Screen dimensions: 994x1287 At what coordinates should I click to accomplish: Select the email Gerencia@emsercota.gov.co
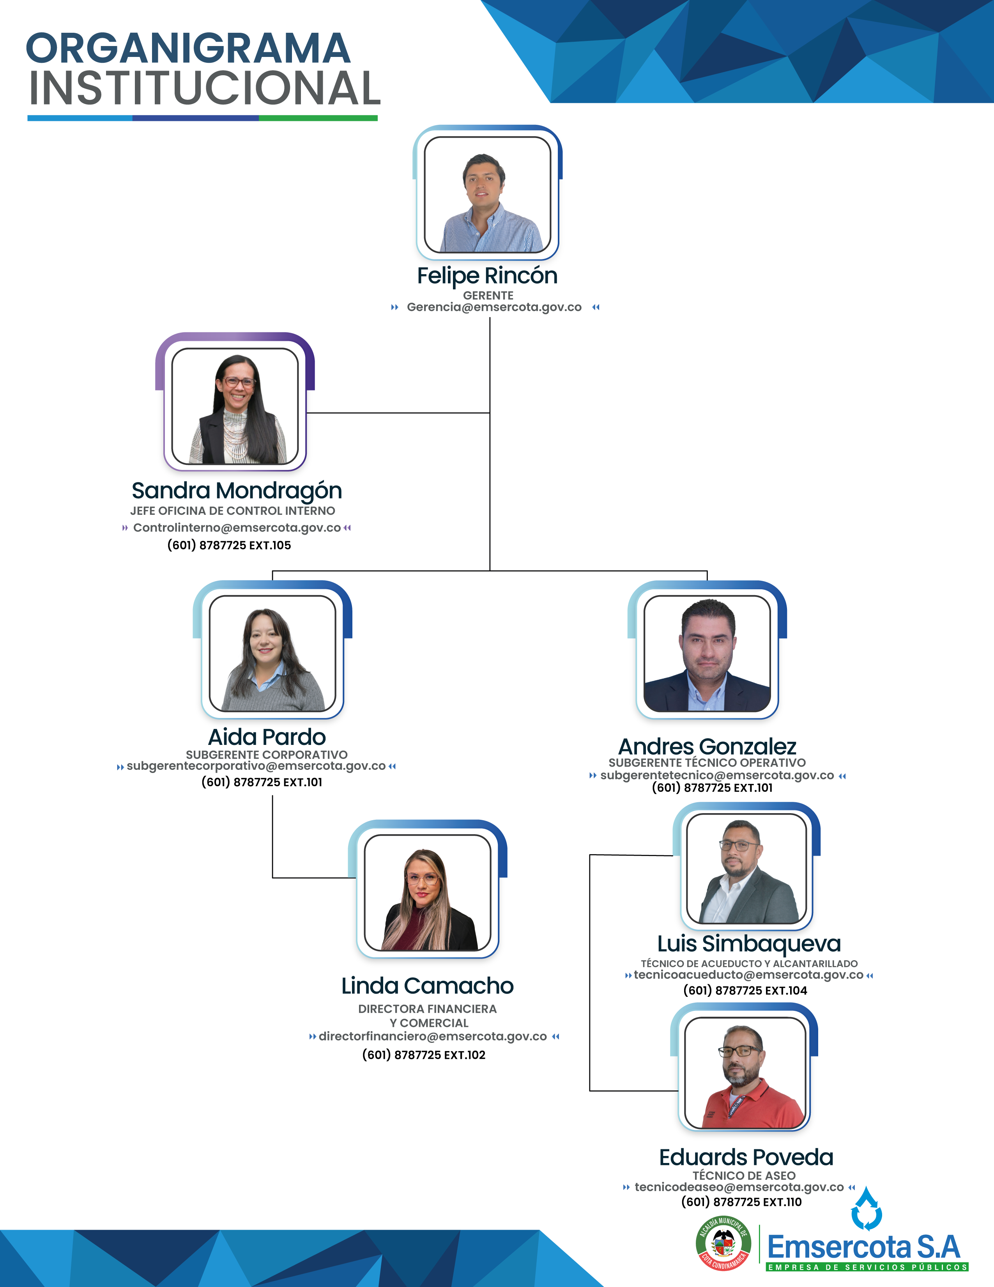coord(494,307)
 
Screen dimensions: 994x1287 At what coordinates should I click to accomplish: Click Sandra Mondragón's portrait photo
coord(235,406)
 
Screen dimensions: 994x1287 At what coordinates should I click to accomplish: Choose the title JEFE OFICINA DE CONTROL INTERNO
coord(233,511)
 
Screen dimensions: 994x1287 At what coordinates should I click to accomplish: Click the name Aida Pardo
coord(267,737)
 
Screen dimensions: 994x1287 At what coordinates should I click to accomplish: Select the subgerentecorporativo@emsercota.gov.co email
coord(256,766)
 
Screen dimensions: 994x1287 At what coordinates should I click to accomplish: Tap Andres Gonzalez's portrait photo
coord(707,654)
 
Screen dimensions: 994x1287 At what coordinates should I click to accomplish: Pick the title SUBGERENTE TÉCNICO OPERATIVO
coord(707,762)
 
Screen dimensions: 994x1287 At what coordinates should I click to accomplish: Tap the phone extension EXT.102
coord(465,1055)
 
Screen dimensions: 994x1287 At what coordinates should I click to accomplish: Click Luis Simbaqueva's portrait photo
coord(747,869)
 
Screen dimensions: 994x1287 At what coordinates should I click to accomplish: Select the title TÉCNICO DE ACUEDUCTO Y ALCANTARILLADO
coord(749,963)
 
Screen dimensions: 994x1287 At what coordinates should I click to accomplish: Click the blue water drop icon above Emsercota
coord(866,1209)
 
